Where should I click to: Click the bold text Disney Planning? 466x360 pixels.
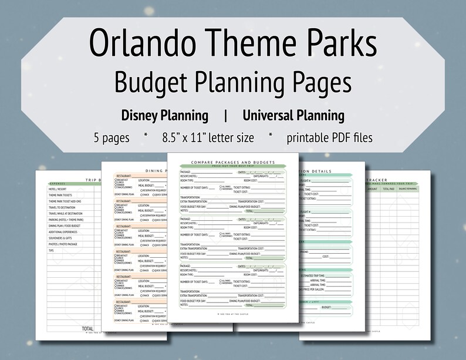[164, 116]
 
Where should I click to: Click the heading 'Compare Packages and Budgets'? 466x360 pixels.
[233, 162]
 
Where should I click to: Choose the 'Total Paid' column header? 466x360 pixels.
[389, 189]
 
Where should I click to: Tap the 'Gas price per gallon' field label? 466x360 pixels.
[315, 289]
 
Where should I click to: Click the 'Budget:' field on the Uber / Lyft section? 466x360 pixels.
[327, 307]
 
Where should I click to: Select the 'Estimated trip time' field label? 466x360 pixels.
[317, 275]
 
